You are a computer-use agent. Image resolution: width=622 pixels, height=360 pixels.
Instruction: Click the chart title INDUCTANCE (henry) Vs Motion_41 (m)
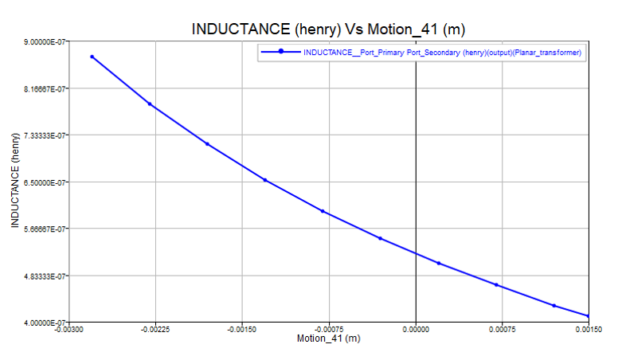[328, 29]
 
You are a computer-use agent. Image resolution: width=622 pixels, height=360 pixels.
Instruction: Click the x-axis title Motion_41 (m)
[328, 338]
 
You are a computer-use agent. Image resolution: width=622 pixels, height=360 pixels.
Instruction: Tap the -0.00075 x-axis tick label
[329, 328]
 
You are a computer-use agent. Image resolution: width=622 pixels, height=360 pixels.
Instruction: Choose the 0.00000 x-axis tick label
[416, 328]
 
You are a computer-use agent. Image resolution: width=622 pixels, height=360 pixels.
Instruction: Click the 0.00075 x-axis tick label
[502, 328]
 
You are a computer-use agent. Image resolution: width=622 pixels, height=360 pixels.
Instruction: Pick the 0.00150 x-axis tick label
[587, 328]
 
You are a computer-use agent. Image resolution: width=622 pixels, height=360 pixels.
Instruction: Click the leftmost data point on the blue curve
[92, 57]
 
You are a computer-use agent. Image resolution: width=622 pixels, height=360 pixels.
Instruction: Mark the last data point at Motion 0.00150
[589, 316]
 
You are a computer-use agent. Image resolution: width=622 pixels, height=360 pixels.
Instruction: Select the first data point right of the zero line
[439, 263]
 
